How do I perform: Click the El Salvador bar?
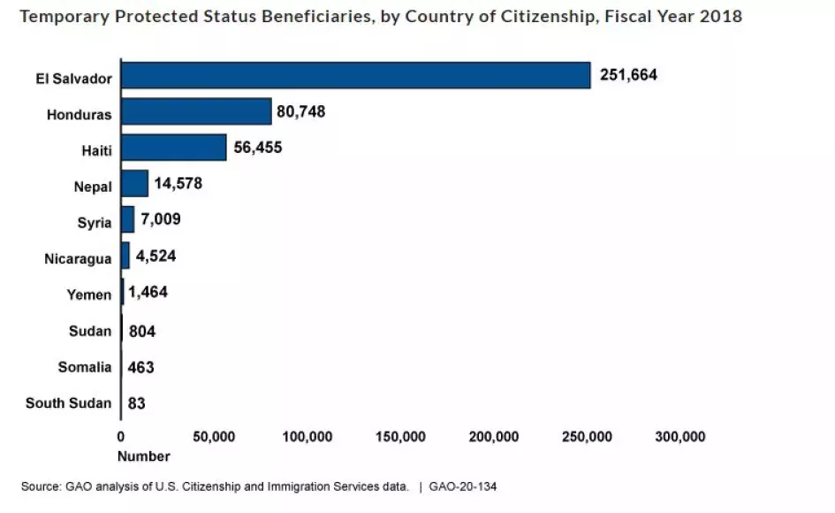tap(355, 75)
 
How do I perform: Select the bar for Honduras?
tap(196, 111)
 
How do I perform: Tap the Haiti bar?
tap(174, 148)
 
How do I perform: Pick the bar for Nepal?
tap(135, 184)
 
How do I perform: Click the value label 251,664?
tap(628, 75)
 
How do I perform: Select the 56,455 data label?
tap(258, 148)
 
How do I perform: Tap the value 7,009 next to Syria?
tap(161, 220)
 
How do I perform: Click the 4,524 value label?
tap(156, 257)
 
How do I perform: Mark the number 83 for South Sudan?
tap(137, 403)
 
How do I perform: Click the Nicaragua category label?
tap(78, 258)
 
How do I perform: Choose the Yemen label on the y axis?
tap(89, 295)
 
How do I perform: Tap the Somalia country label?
tap(85, 367)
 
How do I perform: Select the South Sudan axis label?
tap(68, 403)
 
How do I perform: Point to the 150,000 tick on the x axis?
tap(400, 437)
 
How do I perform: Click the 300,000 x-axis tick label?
tap(679, 437)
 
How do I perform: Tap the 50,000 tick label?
tap(213, 437)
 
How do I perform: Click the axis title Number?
tap(143, 456)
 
